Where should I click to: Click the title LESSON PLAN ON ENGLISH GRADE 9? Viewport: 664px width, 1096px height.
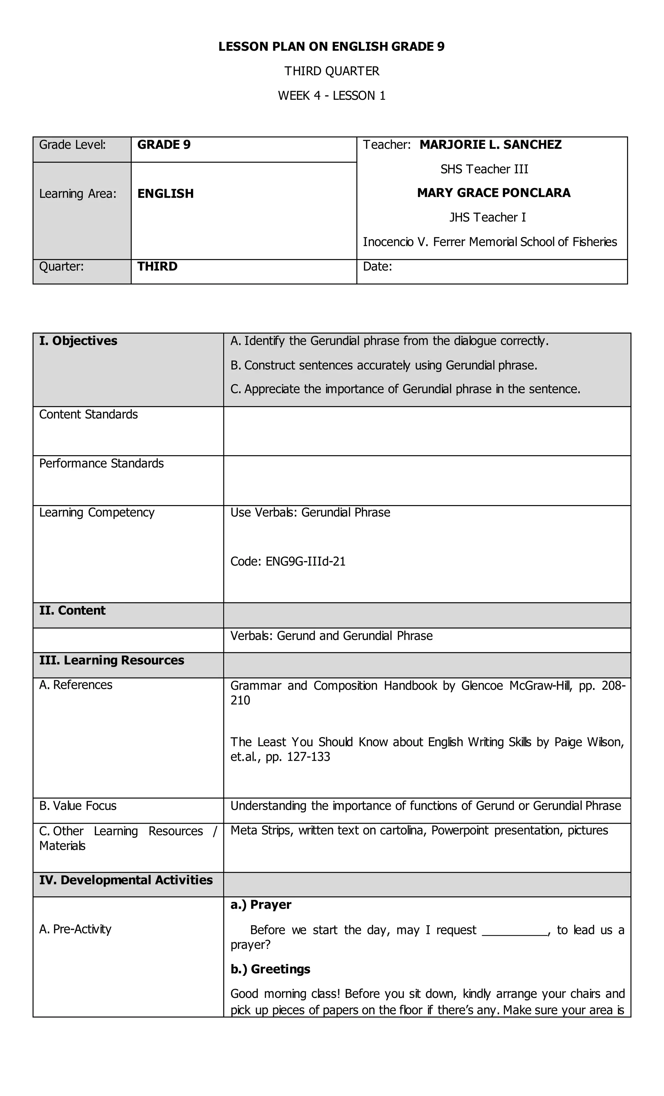click(x=331, y=47)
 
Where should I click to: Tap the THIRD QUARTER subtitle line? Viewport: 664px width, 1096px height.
click(x=331, y=71)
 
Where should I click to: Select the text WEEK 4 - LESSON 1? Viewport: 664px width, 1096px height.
click(x=331, y=96)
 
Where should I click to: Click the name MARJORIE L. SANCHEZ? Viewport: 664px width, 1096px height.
click(x=490, y=145)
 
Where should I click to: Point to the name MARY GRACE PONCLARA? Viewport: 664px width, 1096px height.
click(x=493, y=193)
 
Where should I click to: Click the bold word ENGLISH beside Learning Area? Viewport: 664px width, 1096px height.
click(x=165, y=194)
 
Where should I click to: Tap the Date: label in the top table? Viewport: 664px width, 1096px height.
click(x=377, y=266)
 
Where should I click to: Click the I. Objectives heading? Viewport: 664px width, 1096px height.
click(x=78, y=341)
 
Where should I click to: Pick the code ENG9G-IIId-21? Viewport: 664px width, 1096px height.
click(x=305, y=561)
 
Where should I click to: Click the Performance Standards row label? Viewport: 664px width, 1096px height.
click(x=101, y=464)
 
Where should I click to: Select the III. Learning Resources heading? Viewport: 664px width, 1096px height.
click(x=112, y=661)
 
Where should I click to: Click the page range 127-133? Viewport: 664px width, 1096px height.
click(x=309, y=757)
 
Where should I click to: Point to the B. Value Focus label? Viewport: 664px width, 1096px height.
click(x=78, y=806)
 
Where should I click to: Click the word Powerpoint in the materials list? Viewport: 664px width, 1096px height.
click(x=459, y=831)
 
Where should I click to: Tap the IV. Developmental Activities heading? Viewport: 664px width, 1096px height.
click(x=126, y=880)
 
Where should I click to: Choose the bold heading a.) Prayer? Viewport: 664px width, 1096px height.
click(x=261, y=905)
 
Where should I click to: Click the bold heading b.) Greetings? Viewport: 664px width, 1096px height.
click(x=270, y=969)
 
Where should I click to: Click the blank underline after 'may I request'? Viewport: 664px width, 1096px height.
click(x=515, y=931)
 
